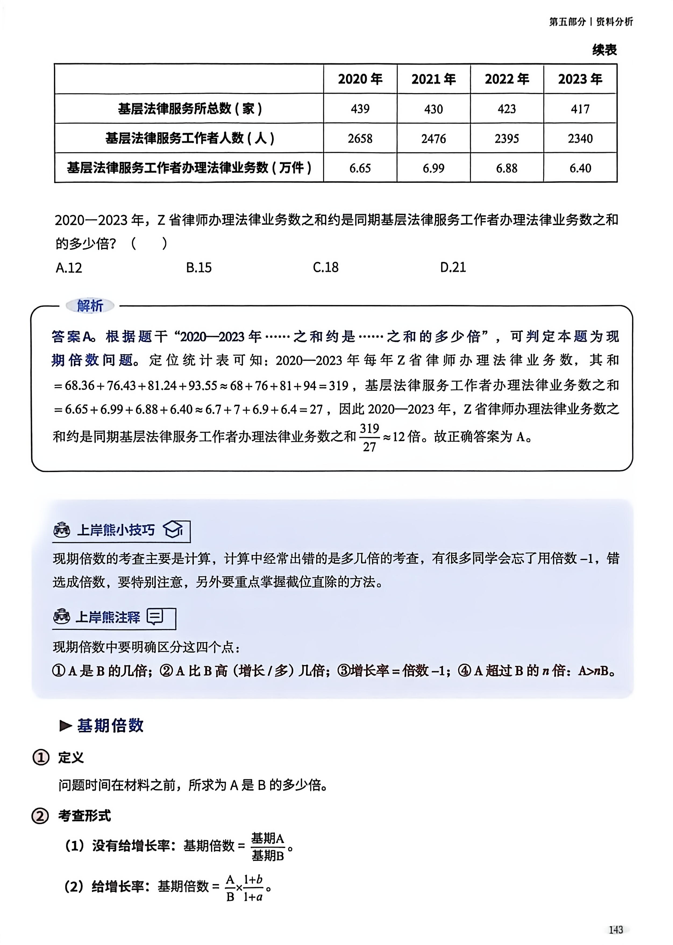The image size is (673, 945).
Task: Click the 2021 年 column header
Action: click(433, 79)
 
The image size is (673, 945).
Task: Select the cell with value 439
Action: click(360, 109)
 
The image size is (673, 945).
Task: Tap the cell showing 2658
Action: click(360, 139)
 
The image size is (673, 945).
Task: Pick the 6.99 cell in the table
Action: click(433, 168)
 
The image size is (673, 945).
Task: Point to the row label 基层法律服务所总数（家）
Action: click(189, 109)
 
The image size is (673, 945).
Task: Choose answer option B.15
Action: click(198, 267)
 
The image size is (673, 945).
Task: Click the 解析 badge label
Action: click(90, 306)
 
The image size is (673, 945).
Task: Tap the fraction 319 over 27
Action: click(369, 437)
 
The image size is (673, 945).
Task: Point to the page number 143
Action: click(616, 930)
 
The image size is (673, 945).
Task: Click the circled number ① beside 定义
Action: click(41, 757)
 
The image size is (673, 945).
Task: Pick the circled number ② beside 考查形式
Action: click(40, 816)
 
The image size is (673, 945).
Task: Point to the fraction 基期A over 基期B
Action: click(268, 846)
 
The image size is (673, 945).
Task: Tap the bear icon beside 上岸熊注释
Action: click(62, 617)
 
